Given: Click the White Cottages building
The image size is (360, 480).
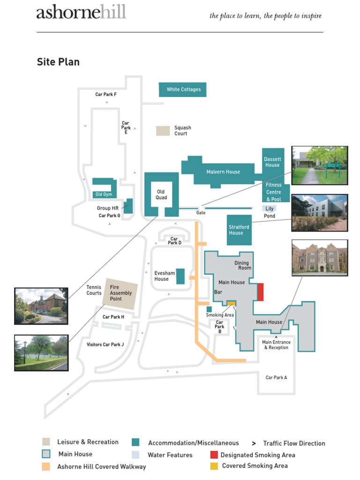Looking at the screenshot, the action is coord(183,90).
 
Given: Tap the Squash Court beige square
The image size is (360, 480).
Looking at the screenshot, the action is coord(163,131).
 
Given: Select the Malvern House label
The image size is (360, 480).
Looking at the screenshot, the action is coord(223,172).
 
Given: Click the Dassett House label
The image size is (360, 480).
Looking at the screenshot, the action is coord(272,162).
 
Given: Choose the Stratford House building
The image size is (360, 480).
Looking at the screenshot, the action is coord(239,230).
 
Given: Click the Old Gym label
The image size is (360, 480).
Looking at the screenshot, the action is coord(104,195).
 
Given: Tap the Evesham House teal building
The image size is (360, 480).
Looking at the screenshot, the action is coord(180,276).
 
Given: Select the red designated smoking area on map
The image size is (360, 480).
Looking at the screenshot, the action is coord(260,292).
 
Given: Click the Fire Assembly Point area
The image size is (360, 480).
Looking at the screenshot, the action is coord(121,293).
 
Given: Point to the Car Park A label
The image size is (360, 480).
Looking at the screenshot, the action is coord(276,377).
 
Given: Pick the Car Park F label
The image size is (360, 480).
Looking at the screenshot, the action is coord(106,94).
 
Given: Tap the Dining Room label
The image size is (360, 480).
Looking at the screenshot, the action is coord(243,265).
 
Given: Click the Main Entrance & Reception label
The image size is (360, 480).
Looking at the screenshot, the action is coord(276,345).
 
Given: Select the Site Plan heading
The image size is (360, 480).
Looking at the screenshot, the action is coord(58,62).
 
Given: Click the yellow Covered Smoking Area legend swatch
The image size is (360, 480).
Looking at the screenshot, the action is coord(214,466).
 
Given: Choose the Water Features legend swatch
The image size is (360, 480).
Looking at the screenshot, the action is coord(136,455).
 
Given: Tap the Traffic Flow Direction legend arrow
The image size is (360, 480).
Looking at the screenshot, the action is coord(254,443).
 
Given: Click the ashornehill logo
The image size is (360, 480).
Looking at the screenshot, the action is coord(81,13).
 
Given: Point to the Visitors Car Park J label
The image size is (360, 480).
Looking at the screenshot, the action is coord(105,345).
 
